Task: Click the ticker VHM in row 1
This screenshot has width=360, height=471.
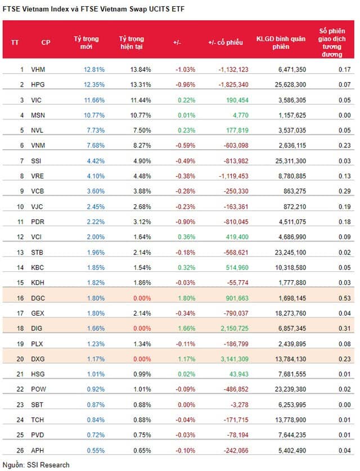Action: [x=38, y=69]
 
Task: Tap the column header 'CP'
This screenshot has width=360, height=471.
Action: [x=46, y=43]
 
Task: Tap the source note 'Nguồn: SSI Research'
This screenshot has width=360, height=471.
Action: [x=36, y=465]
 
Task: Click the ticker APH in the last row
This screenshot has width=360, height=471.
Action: [x=38, y=449]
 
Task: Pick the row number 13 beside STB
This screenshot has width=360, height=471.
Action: [x=21, y=252]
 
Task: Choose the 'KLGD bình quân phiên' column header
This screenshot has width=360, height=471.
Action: [x=281, y=43]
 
